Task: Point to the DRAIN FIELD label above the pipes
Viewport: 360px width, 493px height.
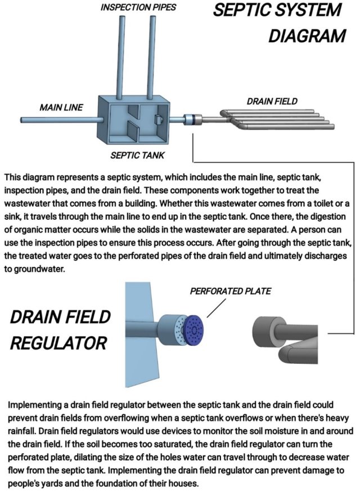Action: [272, 101]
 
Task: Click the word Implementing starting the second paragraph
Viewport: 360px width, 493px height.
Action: [35, 404]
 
